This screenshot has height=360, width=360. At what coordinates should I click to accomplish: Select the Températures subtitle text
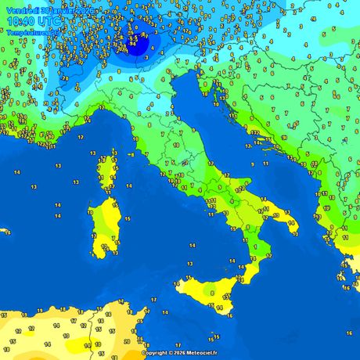pyautogui.click(x=27, y=33)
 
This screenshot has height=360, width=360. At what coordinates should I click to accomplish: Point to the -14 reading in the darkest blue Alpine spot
pyautogui.click(x=132, y=45)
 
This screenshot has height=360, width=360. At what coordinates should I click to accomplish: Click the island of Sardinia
pyautogui.click(x=103, y=227)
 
